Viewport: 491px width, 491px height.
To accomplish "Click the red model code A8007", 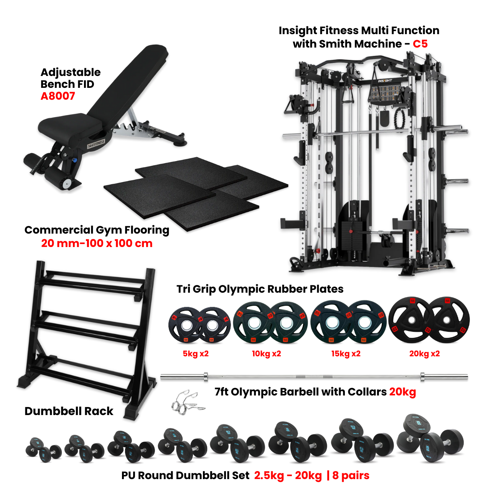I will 58,96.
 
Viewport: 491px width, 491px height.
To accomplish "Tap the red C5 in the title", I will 420,44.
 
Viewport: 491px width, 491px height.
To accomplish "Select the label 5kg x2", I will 196,354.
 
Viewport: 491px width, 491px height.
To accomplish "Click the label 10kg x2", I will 267,354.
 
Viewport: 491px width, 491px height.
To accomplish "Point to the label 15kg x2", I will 346,354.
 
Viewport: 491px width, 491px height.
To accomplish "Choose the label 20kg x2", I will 425,354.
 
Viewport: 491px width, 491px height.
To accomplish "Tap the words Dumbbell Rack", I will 69,411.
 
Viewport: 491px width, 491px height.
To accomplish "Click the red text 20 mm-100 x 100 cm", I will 97,243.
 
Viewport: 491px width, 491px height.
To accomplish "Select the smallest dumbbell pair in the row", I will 43,448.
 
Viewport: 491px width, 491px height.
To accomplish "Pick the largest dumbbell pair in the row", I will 430,439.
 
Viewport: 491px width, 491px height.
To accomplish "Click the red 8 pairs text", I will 351,476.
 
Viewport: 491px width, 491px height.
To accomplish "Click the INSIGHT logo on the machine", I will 385,81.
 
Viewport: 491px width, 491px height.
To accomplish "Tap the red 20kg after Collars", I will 402,392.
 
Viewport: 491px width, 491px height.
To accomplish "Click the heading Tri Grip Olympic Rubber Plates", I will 260,289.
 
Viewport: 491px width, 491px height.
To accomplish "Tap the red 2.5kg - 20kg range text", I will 288,476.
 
